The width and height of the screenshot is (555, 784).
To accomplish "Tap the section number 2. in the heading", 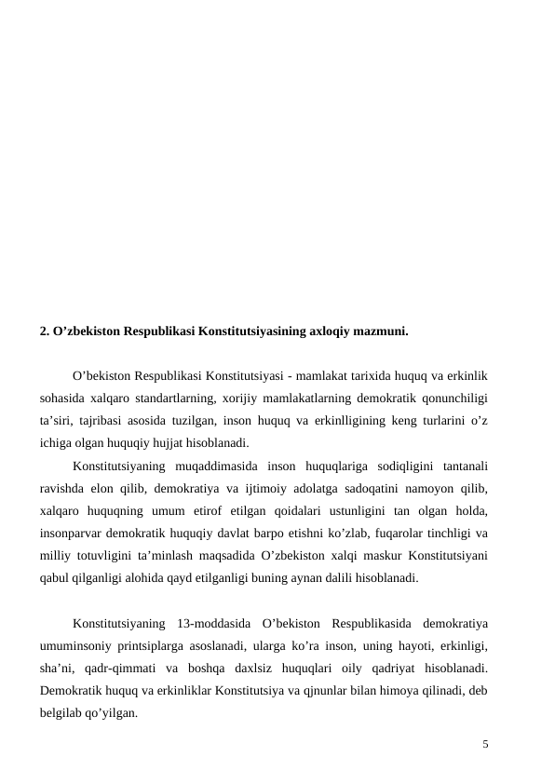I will (45, 331).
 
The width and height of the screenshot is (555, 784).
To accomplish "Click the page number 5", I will (485, 744).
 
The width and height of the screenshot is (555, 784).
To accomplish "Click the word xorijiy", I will (244, 399).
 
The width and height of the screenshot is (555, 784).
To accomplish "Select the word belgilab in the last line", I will (62, 712).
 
